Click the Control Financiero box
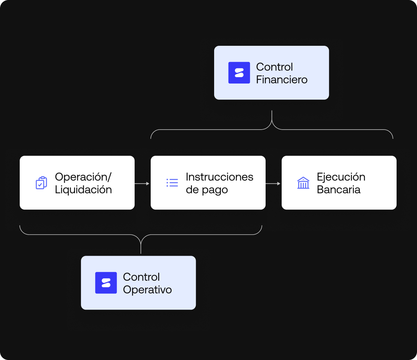tap(272, 73)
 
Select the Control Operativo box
tap(138, 283)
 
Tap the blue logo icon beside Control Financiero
tap(239, 73)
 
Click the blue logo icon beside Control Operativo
tap(106, 283)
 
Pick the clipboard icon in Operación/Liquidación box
tap(42, 183)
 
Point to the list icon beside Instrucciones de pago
tap(172, 183)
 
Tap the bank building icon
tap(303, 183)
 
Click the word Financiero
tap(282, 80)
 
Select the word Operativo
tap(147, 290)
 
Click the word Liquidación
tap(83, 190)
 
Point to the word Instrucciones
tap(219, 177)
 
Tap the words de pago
tap(207, 190)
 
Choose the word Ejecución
tap(341, 177)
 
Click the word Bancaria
tap(338, 190)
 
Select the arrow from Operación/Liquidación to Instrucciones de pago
tap(142, 184)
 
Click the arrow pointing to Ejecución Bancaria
tap(273, 184)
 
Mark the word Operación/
tap(83, 177)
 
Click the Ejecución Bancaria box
tap(339, 182)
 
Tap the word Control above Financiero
tap(274, 67)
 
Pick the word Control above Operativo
tap(141, 277)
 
